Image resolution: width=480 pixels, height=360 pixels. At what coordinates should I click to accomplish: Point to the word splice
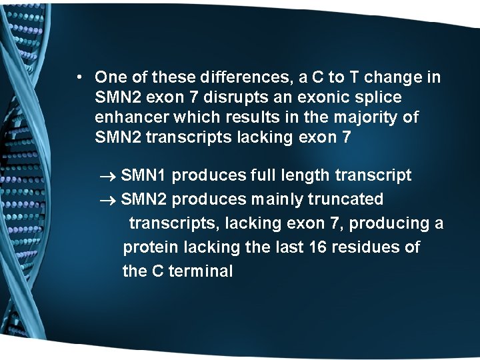pos(378,97)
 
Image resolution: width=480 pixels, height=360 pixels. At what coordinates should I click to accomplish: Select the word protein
pos(151,247)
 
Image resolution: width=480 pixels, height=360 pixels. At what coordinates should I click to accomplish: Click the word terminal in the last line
pos(201,271)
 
